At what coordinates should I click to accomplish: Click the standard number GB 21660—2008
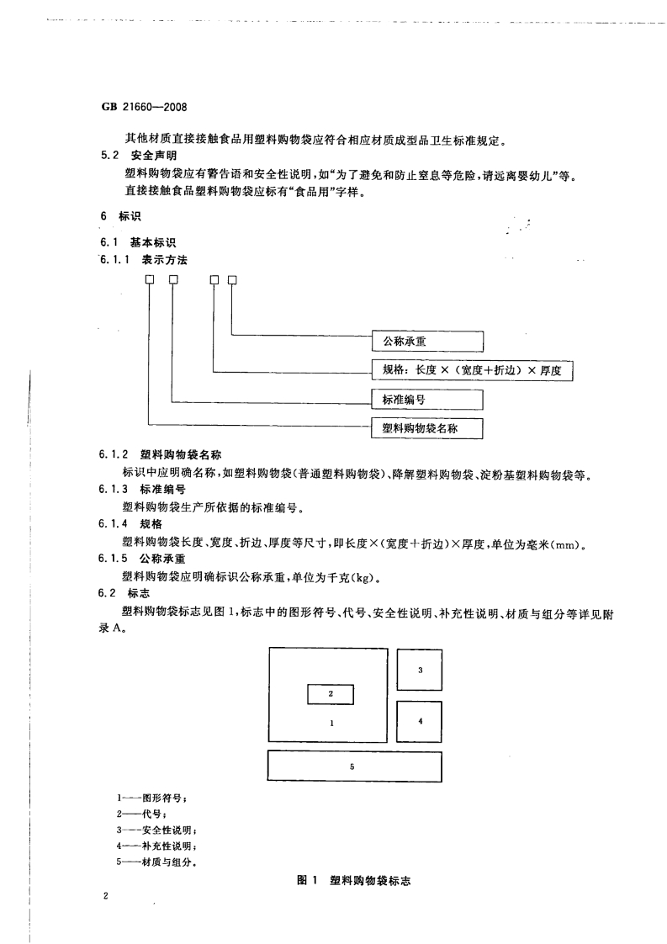pos(143,109)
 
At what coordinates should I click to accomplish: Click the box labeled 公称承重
pos(427,341)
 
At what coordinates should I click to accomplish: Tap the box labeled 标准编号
pos(427,399)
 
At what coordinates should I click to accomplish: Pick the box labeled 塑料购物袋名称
pos(427,428)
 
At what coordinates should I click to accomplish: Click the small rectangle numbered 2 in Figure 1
pos(331,694)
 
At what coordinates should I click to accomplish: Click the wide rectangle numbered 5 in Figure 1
pos(354,766)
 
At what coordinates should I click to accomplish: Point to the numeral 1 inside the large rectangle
pos(331,723)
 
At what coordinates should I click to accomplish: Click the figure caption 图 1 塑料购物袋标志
pos(358,879)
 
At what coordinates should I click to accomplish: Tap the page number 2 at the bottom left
pos(106,897)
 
